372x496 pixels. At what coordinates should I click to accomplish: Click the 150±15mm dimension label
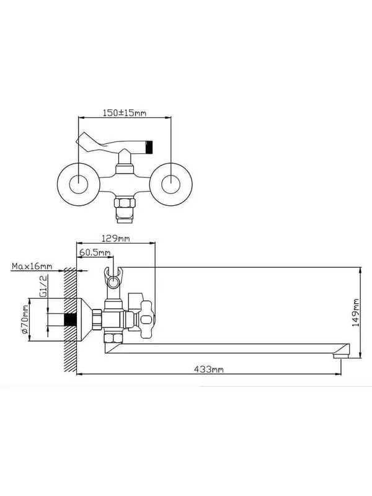coord(125,113)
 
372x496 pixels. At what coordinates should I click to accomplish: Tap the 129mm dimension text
coord(115,238)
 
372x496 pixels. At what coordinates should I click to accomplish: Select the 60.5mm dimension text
coord(95,252)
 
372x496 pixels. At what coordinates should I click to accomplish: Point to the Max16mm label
coord(32,266)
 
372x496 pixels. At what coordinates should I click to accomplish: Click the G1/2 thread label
coord(43,286)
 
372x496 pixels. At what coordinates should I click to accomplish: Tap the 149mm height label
coord(356,312)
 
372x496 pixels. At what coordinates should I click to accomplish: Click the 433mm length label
coord(209,369)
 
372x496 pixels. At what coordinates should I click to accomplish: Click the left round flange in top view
coord(79,184)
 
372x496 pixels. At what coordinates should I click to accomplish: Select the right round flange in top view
coord(171,184)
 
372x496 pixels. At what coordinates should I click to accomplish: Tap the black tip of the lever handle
coord(149,147)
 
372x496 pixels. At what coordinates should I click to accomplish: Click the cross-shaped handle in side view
coord(146,319)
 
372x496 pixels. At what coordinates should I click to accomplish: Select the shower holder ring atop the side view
coord(113,278)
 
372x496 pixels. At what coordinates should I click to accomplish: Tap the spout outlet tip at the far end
coord(341,356)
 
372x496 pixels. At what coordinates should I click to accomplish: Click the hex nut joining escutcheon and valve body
coord(97,320)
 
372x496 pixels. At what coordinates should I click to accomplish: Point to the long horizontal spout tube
coord(226,348)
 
